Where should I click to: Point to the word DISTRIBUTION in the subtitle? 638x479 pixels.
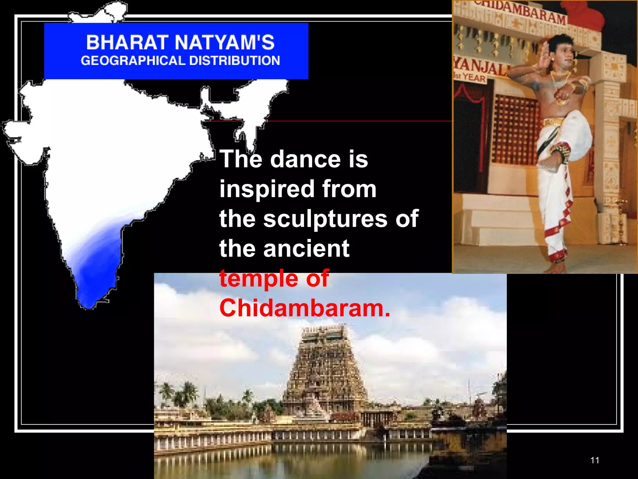[x=235, y=61]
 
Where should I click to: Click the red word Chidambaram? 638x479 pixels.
[x=304, y=308]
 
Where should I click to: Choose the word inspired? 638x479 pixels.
[x=267, y=189]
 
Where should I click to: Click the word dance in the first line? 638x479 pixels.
[x=305, y=159]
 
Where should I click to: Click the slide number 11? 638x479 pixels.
[x=595, y=460]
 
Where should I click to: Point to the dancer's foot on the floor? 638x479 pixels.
[x=556, y=268]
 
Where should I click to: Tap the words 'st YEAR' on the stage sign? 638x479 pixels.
[x=471, y=77]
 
